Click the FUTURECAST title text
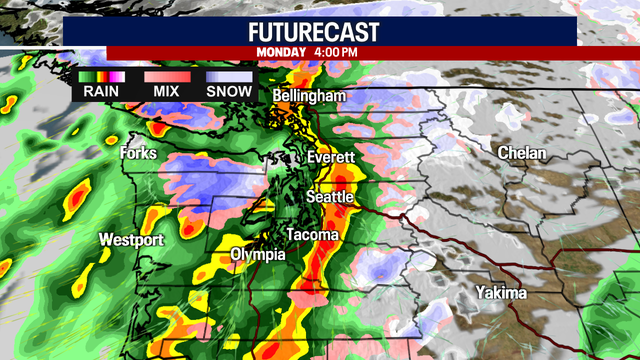[320, 30]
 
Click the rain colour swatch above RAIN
[101, 75]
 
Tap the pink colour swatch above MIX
[165, 75]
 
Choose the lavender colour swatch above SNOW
[228, 75]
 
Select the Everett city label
[331, 158]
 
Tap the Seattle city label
[329, 197]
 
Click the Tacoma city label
[312, 234]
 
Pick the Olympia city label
[258, 255]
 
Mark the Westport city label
[131, 240]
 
